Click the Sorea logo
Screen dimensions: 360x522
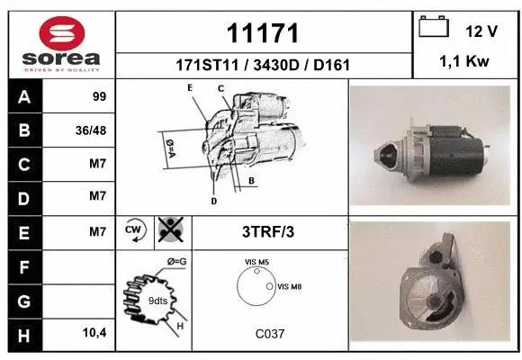(59, 42)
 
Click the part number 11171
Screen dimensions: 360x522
(262, 34)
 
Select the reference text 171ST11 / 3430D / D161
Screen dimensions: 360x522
(262, 65)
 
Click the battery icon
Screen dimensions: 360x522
(434, 29)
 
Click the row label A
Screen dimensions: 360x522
(24, 96)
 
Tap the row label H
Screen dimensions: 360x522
(24, 334)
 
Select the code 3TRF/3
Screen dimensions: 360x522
(268, 231)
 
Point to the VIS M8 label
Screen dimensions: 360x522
(290, 287)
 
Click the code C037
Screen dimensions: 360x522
(269, 334)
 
